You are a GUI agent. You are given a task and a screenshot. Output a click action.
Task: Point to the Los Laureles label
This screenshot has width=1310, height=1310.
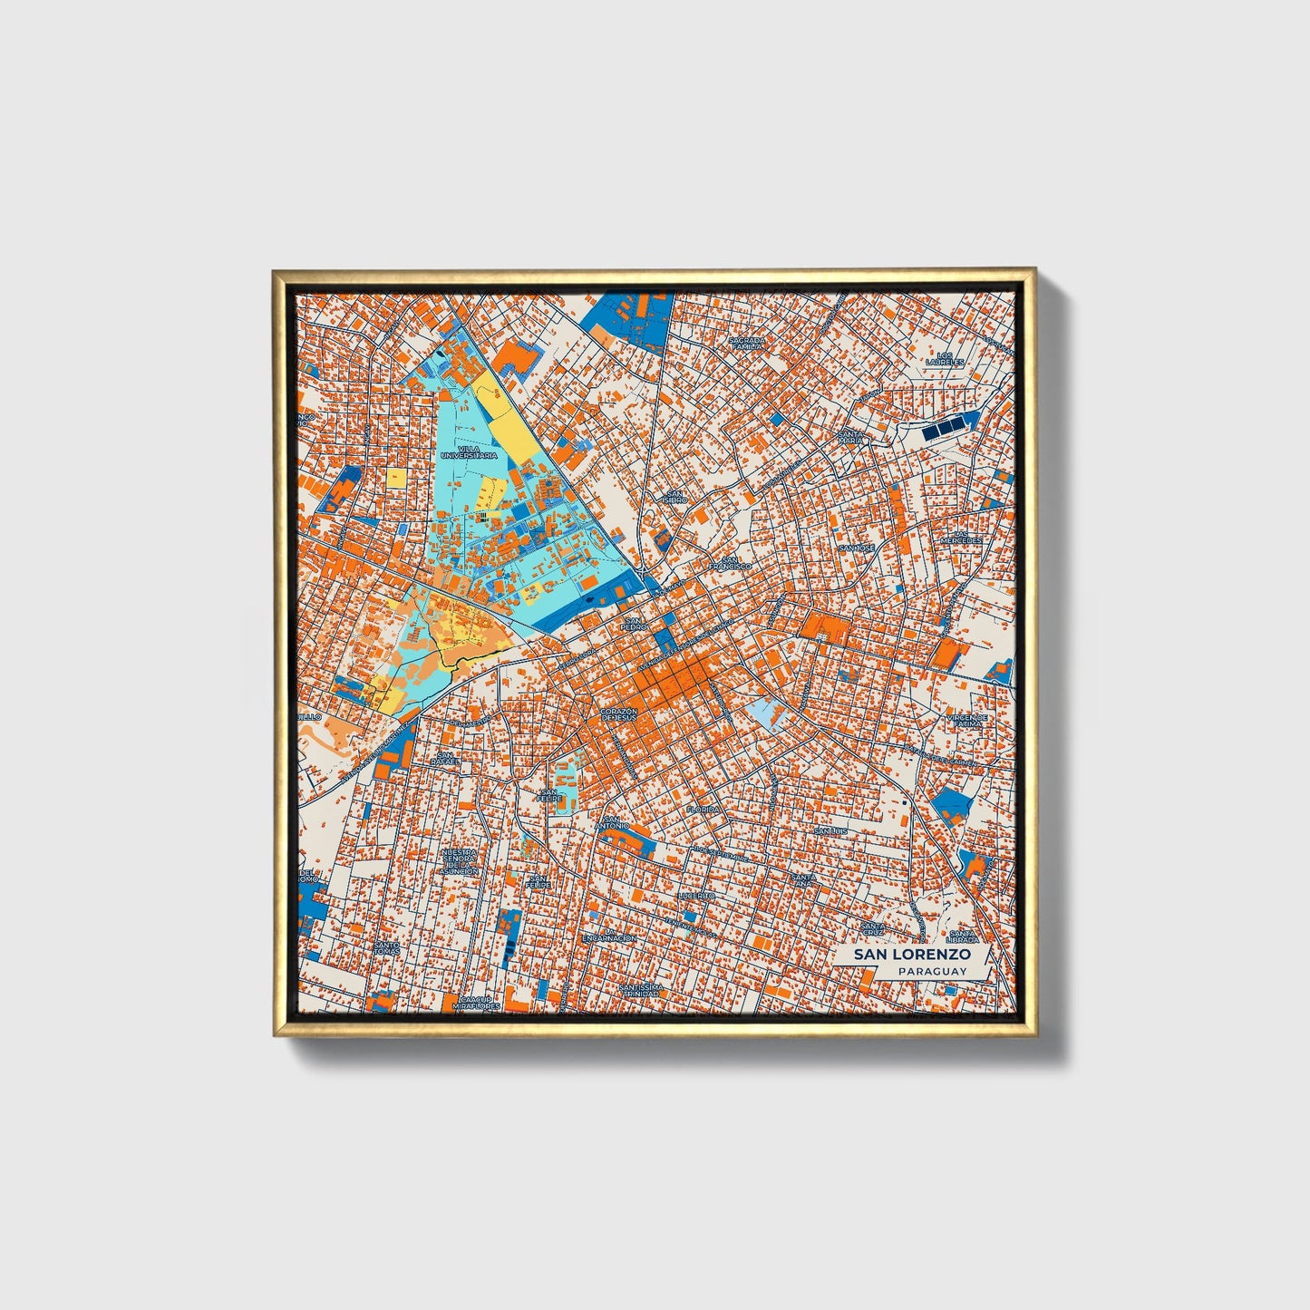pos(945,358)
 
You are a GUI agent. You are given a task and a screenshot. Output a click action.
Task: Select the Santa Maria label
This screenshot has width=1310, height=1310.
pos(851,437)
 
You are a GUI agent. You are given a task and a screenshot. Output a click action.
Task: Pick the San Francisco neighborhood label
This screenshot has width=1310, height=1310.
pos(730,562)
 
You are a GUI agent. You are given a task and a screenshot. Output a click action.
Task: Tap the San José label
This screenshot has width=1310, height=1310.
pos(856,548)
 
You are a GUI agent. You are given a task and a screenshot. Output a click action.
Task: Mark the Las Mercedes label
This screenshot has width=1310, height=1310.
pos(961,537)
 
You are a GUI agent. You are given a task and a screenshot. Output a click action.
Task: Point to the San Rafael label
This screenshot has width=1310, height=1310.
pos(444,759)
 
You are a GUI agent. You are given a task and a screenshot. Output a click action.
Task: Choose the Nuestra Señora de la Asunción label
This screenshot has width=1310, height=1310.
pos(459,861)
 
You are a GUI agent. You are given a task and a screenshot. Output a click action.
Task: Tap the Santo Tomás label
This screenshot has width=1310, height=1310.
pos(386,947)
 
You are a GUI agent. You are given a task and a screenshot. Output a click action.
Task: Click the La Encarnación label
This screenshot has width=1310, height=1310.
pos(609,937)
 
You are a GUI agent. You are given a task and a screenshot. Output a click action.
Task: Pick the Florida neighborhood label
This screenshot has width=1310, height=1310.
pos(703,809)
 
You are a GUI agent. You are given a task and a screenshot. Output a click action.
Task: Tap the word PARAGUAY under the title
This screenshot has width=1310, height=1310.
pos(932,971)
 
